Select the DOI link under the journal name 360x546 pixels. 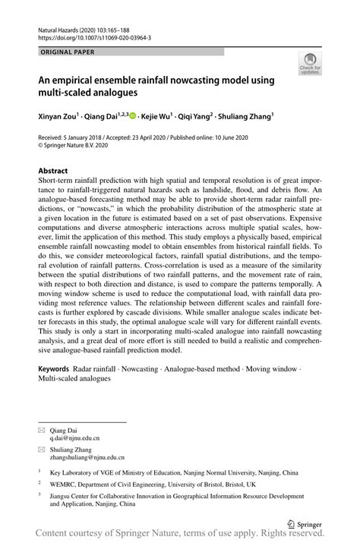94,36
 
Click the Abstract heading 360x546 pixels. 54,172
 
